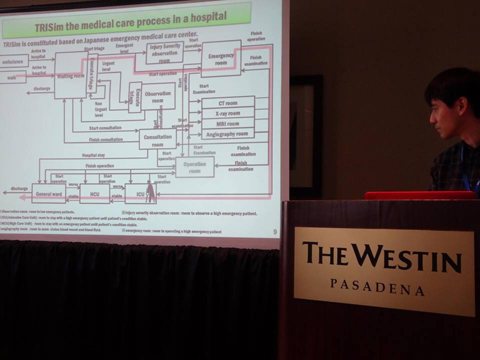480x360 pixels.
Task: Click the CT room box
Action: click(227, 103)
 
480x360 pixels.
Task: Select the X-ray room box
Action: click(227, 113)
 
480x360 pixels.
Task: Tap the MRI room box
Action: click(227, 123)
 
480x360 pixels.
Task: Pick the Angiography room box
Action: click(227, 134)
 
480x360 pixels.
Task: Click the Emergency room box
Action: click(220, 59)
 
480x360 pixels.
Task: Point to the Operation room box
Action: click(194, 167)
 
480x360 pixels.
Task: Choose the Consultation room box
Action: click(157, 139)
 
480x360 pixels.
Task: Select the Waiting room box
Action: click(70, 75)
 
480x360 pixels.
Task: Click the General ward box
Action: click(48, 193)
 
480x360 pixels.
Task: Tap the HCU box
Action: click(94, 193)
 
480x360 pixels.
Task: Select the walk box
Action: click(12, 78)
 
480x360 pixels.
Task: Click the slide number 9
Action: click(274, 231)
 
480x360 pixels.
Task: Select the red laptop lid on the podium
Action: click(420, 195)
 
